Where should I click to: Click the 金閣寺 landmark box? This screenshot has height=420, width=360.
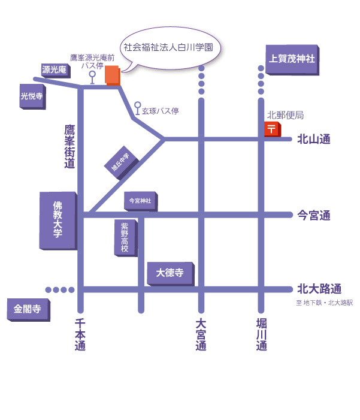click(28, 310)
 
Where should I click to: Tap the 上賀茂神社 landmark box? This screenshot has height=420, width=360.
click(291, 59)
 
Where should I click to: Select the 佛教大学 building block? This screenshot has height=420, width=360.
click(58, 220)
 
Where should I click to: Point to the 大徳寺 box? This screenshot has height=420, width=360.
click(170, 273)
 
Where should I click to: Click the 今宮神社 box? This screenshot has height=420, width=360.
click(140, 201)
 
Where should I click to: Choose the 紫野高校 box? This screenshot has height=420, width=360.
click(125, 237)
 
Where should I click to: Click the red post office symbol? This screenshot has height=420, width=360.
click(271, 129)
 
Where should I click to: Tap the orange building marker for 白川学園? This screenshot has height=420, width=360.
click(113, 75)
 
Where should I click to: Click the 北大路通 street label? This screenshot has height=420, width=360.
click(319, 289)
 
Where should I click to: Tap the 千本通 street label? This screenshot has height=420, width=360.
click(80, 334)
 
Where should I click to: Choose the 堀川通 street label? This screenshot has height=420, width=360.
click(261, 334)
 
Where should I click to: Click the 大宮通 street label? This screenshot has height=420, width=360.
click(201, 334)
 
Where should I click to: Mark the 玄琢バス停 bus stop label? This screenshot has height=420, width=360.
click(160, 111)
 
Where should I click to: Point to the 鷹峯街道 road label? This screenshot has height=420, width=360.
click(69, 146)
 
